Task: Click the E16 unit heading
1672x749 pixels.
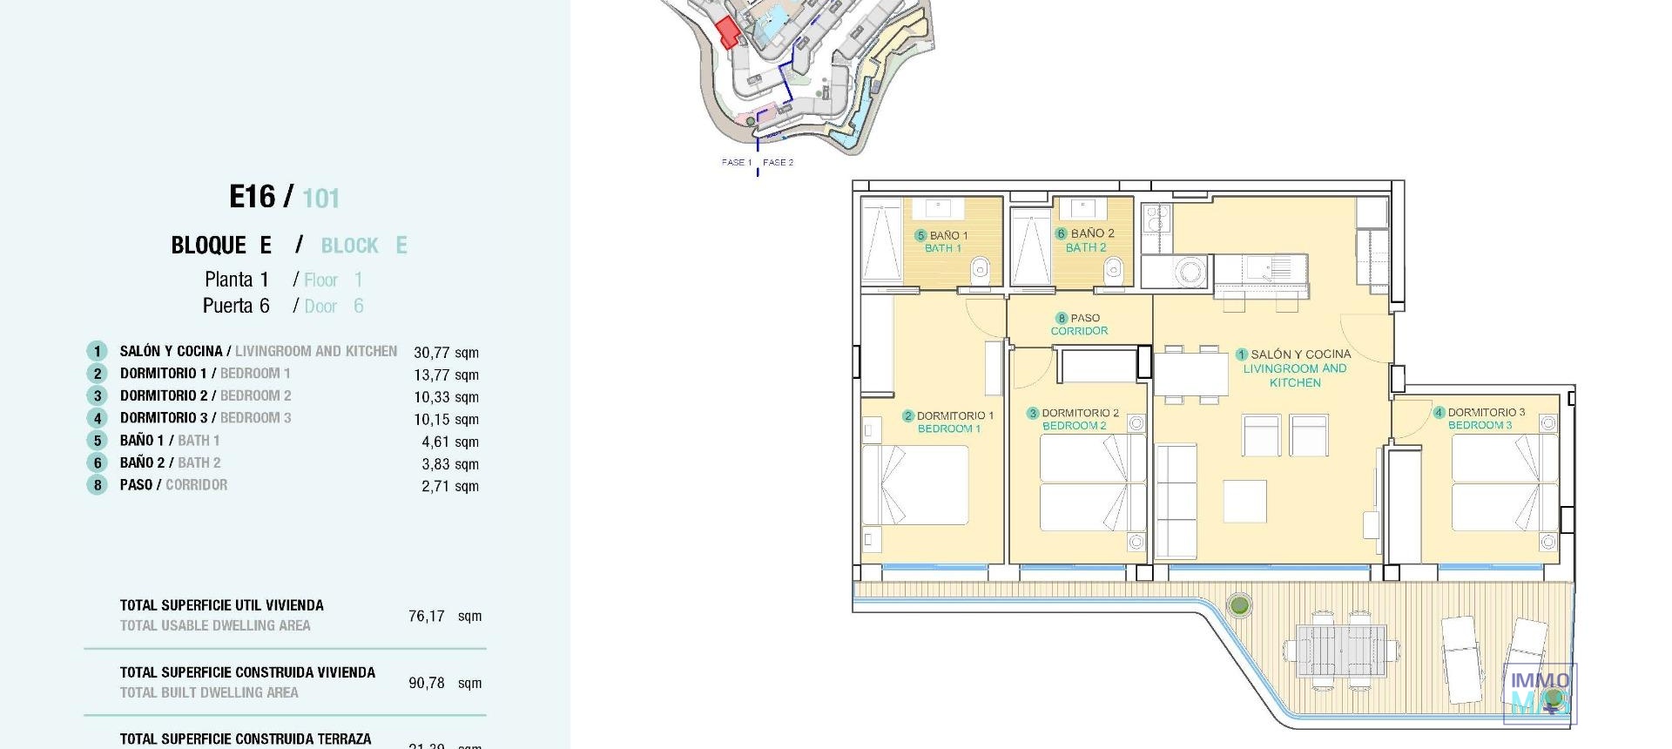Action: click(x=252, y=197)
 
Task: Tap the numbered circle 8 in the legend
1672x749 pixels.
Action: click(x=98, y=485)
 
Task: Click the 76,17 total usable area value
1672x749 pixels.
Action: click(x=427, y=616)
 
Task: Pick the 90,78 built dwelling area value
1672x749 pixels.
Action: click(x=427, y=683)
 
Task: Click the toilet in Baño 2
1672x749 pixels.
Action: click(x=1115, y=272)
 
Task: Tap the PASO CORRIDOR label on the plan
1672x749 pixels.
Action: click(x=1079, y=324)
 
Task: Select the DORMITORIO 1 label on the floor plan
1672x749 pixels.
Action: click(x=949, y=422)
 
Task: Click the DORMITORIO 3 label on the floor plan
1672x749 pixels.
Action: click(x=1480, y=418)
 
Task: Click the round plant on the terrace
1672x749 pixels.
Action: click(x=1239, y=604)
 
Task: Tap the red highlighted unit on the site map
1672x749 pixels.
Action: click(x=727, y=31)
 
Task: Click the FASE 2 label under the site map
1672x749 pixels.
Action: click(x=778, y=162)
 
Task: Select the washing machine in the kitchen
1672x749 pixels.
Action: click(x=1190, y=272)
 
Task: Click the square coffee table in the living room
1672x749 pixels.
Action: click(x=1244, y=501)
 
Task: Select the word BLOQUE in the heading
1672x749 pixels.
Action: click(x=209, y=246)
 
